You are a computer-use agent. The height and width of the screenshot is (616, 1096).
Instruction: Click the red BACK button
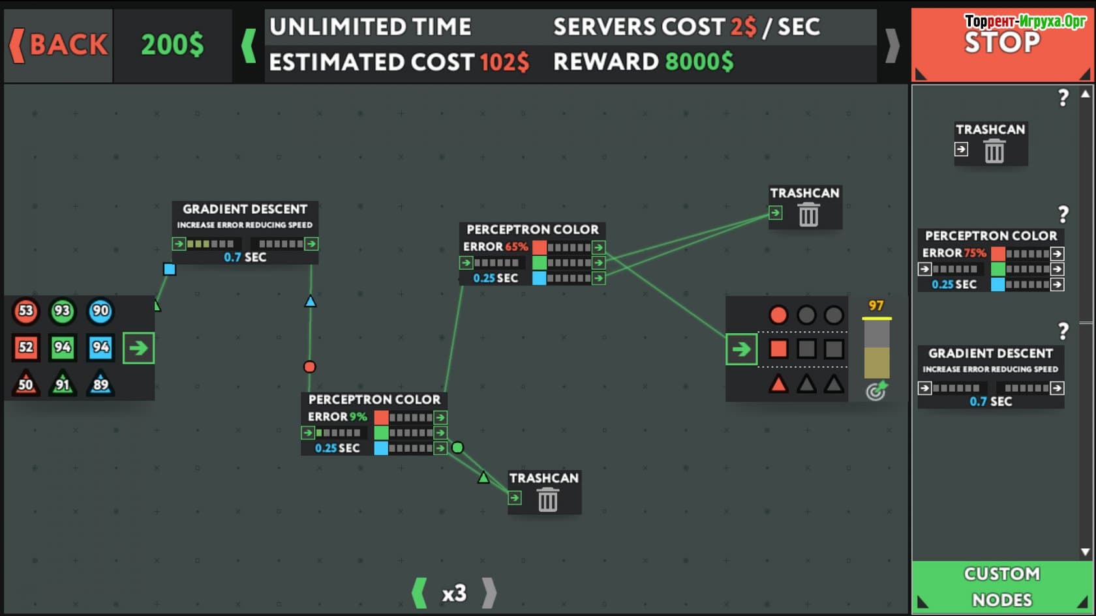[x=59, y=45]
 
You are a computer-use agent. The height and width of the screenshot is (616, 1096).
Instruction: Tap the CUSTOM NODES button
[x=1001, y=587]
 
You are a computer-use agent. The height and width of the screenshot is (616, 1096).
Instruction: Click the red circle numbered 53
[x=26, y=311]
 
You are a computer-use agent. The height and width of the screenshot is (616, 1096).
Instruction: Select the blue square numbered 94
[x=100, y=347]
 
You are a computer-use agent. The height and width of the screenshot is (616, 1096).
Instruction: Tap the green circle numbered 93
[x=62, y=311]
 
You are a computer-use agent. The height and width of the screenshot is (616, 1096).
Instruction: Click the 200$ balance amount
[x=172, y=45]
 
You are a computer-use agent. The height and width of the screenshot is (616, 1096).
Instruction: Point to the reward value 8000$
[x=699, y=62]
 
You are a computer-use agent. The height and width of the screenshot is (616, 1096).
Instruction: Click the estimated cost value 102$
[x=504, y=63]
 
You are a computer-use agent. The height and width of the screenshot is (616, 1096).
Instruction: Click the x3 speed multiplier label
[x=454, y=593]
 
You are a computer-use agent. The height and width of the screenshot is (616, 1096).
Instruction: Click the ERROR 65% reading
[x=495, y=247]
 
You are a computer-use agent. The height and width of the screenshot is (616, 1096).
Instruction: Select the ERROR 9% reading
[x=337, y=417]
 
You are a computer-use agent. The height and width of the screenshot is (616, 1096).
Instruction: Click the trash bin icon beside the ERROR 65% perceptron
[x=808, y=214]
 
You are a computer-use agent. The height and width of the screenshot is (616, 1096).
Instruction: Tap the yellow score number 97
[x=875, y=306]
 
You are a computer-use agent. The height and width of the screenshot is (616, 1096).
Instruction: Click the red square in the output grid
[x=778, y=349]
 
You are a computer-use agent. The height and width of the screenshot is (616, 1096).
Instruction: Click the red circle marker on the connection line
[x=310, y=367]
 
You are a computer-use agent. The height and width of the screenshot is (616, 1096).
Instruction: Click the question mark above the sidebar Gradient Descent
[x=1063, y=331]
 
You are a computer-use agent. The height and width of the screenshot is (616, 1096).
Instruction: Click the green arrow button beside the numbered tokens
[x=138, y=348]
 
